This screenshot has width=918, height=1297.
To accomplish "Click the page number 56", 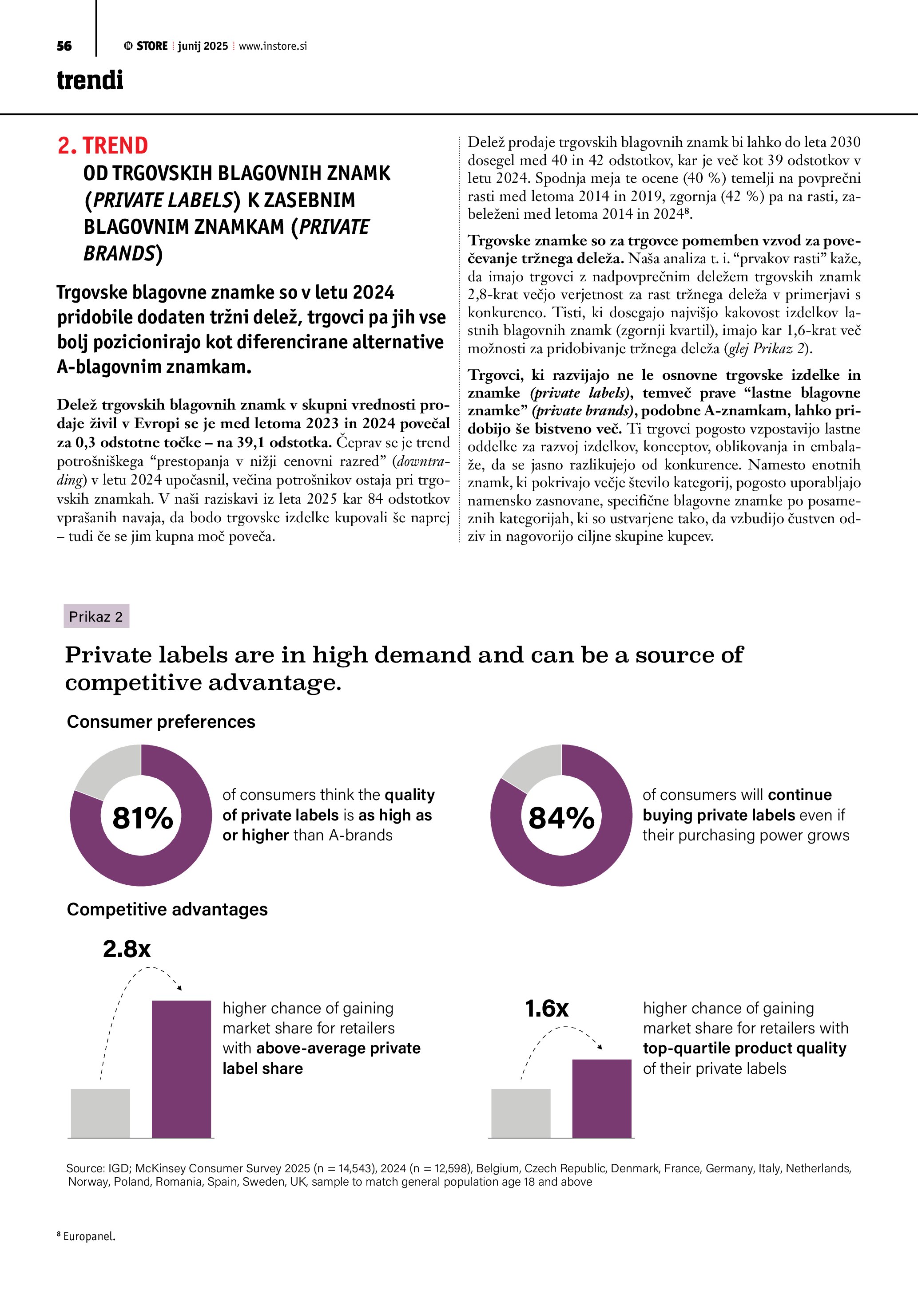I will (64, 46).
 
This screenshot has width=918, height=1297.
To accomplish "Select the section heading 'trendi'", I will (90, 80).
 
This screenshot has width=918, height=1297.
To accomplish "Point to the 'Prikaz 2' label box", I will (96, 616).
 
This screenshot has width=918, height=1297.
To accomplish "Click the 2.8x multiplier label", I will (127, 949).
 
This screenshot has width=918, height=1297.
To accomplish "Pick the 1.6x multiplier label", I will (547, 1008).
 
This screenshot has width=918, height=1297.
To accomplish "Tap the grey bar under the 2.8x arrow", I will (101, 1113).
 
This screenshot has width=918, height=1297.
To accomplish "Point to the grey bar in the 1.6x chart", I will (521, 1113).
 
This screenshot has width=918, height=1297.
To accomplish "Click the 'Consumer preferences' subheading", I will (160, 722).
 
